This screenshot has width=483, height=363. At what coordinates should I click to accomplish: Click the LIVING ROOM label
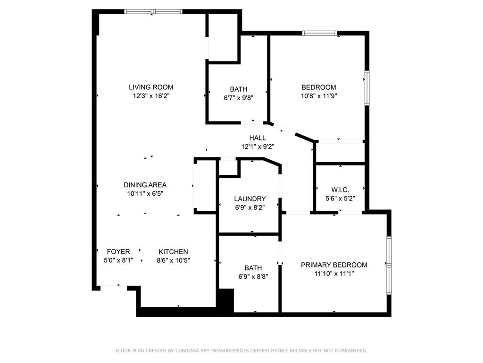click(151, 87)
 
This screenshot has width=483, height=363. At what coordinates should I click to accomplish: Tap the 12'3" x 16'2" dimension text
click(151, 95)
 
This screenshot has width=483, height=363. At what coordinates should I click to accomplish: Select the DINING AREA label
click(145, 185)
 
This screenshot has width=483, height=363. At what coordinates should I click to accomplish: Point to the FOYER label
click(118, 251)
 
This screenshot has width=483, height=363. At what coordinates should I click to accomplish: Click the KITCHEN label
click(173, 251)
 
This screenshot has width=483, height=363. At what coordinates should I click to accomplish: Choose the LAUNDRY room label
click(250, 199)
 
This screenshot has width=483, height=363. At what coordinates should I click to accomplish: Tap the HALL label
click(258, 138)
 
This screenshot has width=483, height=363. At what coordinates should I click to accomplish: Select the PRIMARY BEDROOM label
click(334, 265)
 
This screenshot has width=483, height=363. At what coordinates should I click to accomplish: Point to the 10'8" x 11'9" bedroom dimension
click(319, 95)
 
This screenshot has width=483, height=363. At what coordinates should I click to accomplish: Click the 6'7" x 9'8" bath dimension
click(238, 97)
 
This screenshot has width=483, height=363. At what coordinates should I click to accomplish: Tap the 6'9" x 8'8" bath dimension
click(252, 277)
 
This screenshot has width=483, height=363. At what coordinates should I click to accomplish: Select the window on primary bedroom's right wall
click(389, 265)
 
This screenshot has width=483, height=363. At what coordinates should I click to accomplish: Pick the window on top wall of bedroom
click(319, 33)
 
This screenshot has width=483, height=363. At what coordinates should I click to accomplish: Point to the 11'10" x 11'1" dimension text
click(334, 273)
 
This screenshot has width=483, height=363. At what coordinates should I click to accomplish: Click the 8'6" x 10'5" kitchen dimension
click(173, 260)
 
